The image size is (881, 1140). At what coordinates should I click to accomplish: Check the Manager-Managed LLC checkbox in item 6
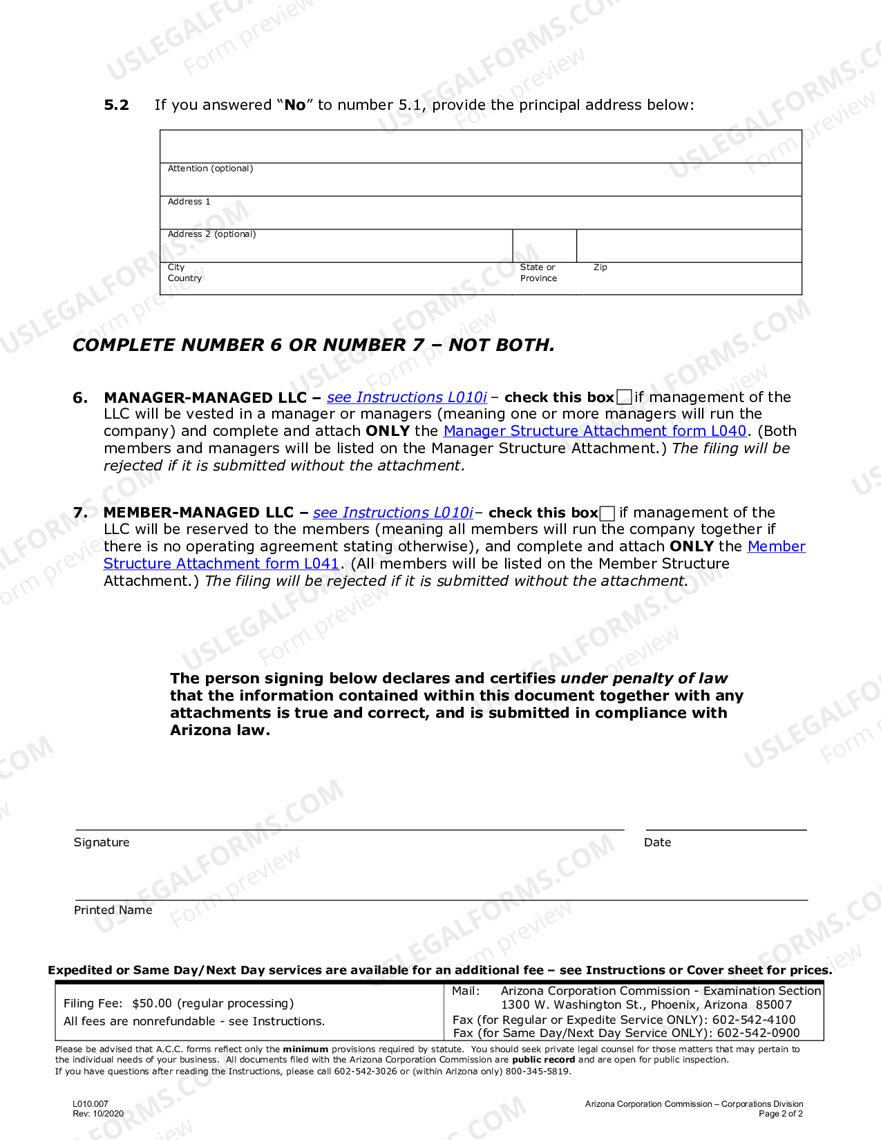point(624,397)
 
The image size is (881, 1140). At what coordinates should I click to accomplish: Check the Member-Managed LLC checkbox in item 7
point(607,513)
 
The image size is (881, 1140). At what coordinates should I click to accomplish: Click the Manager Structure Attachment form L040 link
point(595,431)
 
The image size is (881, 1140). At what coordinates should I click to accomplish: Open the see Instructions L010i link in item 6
point(407,397)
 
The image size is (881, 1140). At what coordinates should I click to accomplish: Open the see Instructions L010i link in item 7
point(393,513)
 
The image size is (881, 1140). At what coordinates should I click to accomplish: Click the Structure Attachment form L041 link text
point(221,564)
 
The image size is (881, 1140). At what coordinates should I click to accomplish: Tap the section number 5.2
point(116,105)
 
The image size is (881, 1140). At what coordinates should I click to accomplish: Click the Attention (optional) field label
point(210,169)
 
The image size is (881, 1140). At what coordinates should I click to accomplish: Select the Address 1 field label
point(189,202)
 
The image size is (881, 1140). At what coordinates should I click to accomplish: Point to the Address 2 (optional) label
point(211,234)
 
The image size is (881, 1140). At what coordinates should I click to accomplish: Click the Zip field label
point(600,267)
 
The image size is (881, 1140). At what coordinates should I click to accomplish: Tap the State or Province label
point(538,273)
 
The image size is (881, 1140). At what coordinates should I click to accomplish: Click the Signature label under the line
point(102,842)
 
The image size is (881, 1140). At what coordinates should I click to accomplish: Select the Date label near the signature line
point(657,842)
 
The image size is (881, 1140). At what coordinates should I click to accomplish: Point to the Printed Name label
point(113,910)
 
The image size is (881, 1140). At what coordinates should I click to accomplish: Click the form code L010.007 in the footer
point(91,1104)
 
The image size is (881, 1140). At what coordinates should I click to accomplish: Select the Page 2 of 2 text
point(780,1114)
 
